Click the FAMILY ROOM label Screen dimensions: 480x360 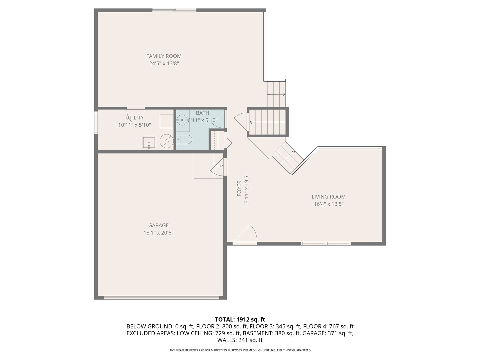[x=164, y=56]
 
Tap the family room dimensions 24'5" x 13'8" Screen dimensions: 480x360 [x=164, y=64]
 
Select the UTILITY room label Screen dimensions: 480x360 [x=134, y=118]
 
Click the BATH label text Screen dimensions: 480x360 [x=202, y=113]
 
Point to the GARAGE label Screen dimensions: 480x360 [x=158, y=225]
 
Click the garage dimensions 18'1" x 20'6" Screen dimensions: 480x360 [x=158, y=233]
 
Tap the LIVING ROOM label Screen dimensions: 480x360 [x=329, y=197]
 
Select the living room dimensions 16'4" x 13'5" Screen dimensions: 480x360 [x=329, y=204]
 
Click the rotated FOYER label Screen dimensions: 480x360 [x=239, y=188]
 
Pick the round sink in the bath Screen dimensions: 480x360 [x=182, y=120]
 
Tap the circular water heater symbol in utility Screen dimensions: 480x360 [x=167, y=141]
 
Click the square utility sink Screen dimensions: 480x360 [x=149, y=143]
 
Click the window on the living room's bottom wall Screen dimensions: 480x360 [x=326, y=244]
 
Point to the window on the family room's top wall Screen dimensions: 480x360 [x=174, y=10]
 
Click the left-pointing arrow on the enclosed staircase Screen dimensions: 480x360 [x=267, y=122]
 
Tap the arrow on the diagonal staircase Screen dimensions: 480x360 [x=288, y=157]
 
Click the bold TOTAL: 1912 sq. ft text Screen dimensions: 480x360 [x=240, y=320]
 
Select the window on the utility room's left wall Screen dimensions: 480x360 [x=96, y=122]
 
